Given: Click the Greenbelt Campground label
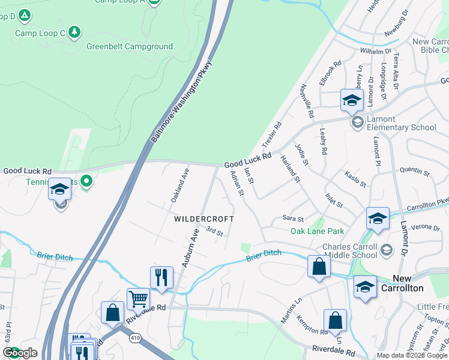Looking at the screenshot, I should pos(129,46).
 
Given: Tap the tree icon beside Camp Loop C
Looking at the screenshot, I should pos(74,32).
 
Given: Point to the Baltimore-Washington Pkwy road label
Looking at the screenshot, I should pos(182,101).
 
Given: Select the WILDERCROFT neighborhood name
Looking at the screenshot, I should pos(203,220).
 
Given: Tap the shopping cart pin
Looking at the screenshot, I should pos(138,298).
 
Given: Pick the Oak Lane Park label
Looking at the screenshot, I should pos(317,231).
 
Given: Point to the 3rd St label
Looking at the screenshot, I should pos(214,230).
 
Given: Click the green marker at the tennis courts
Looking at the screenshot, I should pos(87,180).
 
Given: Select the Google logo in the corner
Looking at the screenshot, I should pos(20,353).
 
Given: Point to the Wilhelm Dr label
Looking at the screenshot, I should pos(375,52).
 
